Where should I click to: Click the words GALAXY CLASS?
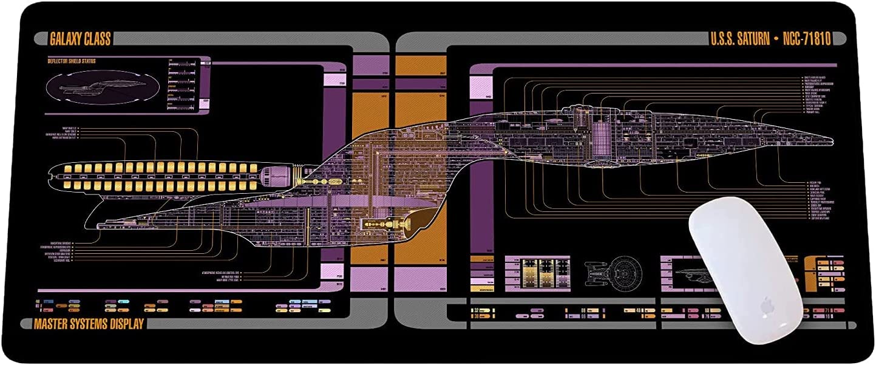80,39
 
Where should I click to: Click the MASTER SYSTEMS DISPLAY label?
89,324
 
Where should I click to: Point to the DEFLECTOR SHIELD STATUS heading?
72,61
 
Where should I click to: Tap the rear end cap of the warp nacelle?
53,176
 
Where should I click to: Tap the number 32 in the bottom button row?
477,310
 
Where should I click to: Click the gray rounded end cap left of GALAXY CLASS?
41,39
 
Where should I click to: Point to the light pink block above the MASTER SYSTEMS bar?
332,271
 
